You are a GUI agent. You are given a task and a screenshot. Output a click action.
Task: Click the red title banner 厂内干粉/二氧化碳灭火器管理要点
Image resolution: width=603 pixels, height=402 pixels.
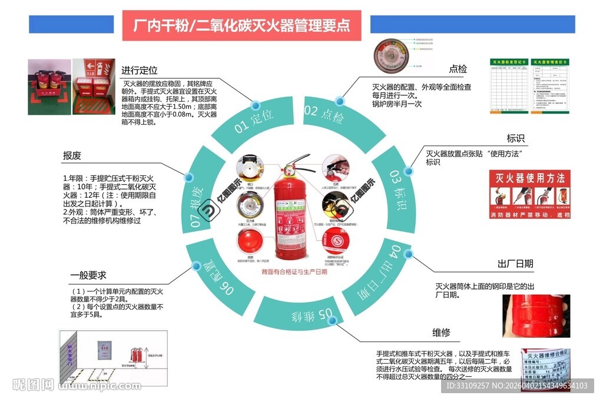241,25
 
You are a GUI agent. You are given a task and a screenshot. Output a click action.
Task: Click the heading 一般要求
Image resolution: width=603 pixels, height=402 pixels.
88,275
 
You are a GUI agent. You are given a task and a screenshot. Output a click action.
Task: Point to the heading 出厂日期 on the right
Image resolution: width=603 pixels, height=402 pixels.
515,263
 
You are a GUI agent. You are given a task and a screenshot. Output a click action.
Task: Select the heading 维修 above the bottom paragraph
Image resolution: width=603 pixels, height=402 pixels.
441,333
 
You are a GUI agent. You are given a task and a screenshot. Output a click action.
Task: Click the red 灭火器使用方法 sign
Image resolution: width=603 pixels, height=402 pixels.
529,194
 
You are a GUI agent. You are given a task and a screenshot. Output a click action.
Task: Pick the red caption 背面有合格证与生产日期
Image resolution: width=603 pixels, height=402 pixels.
294,272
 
